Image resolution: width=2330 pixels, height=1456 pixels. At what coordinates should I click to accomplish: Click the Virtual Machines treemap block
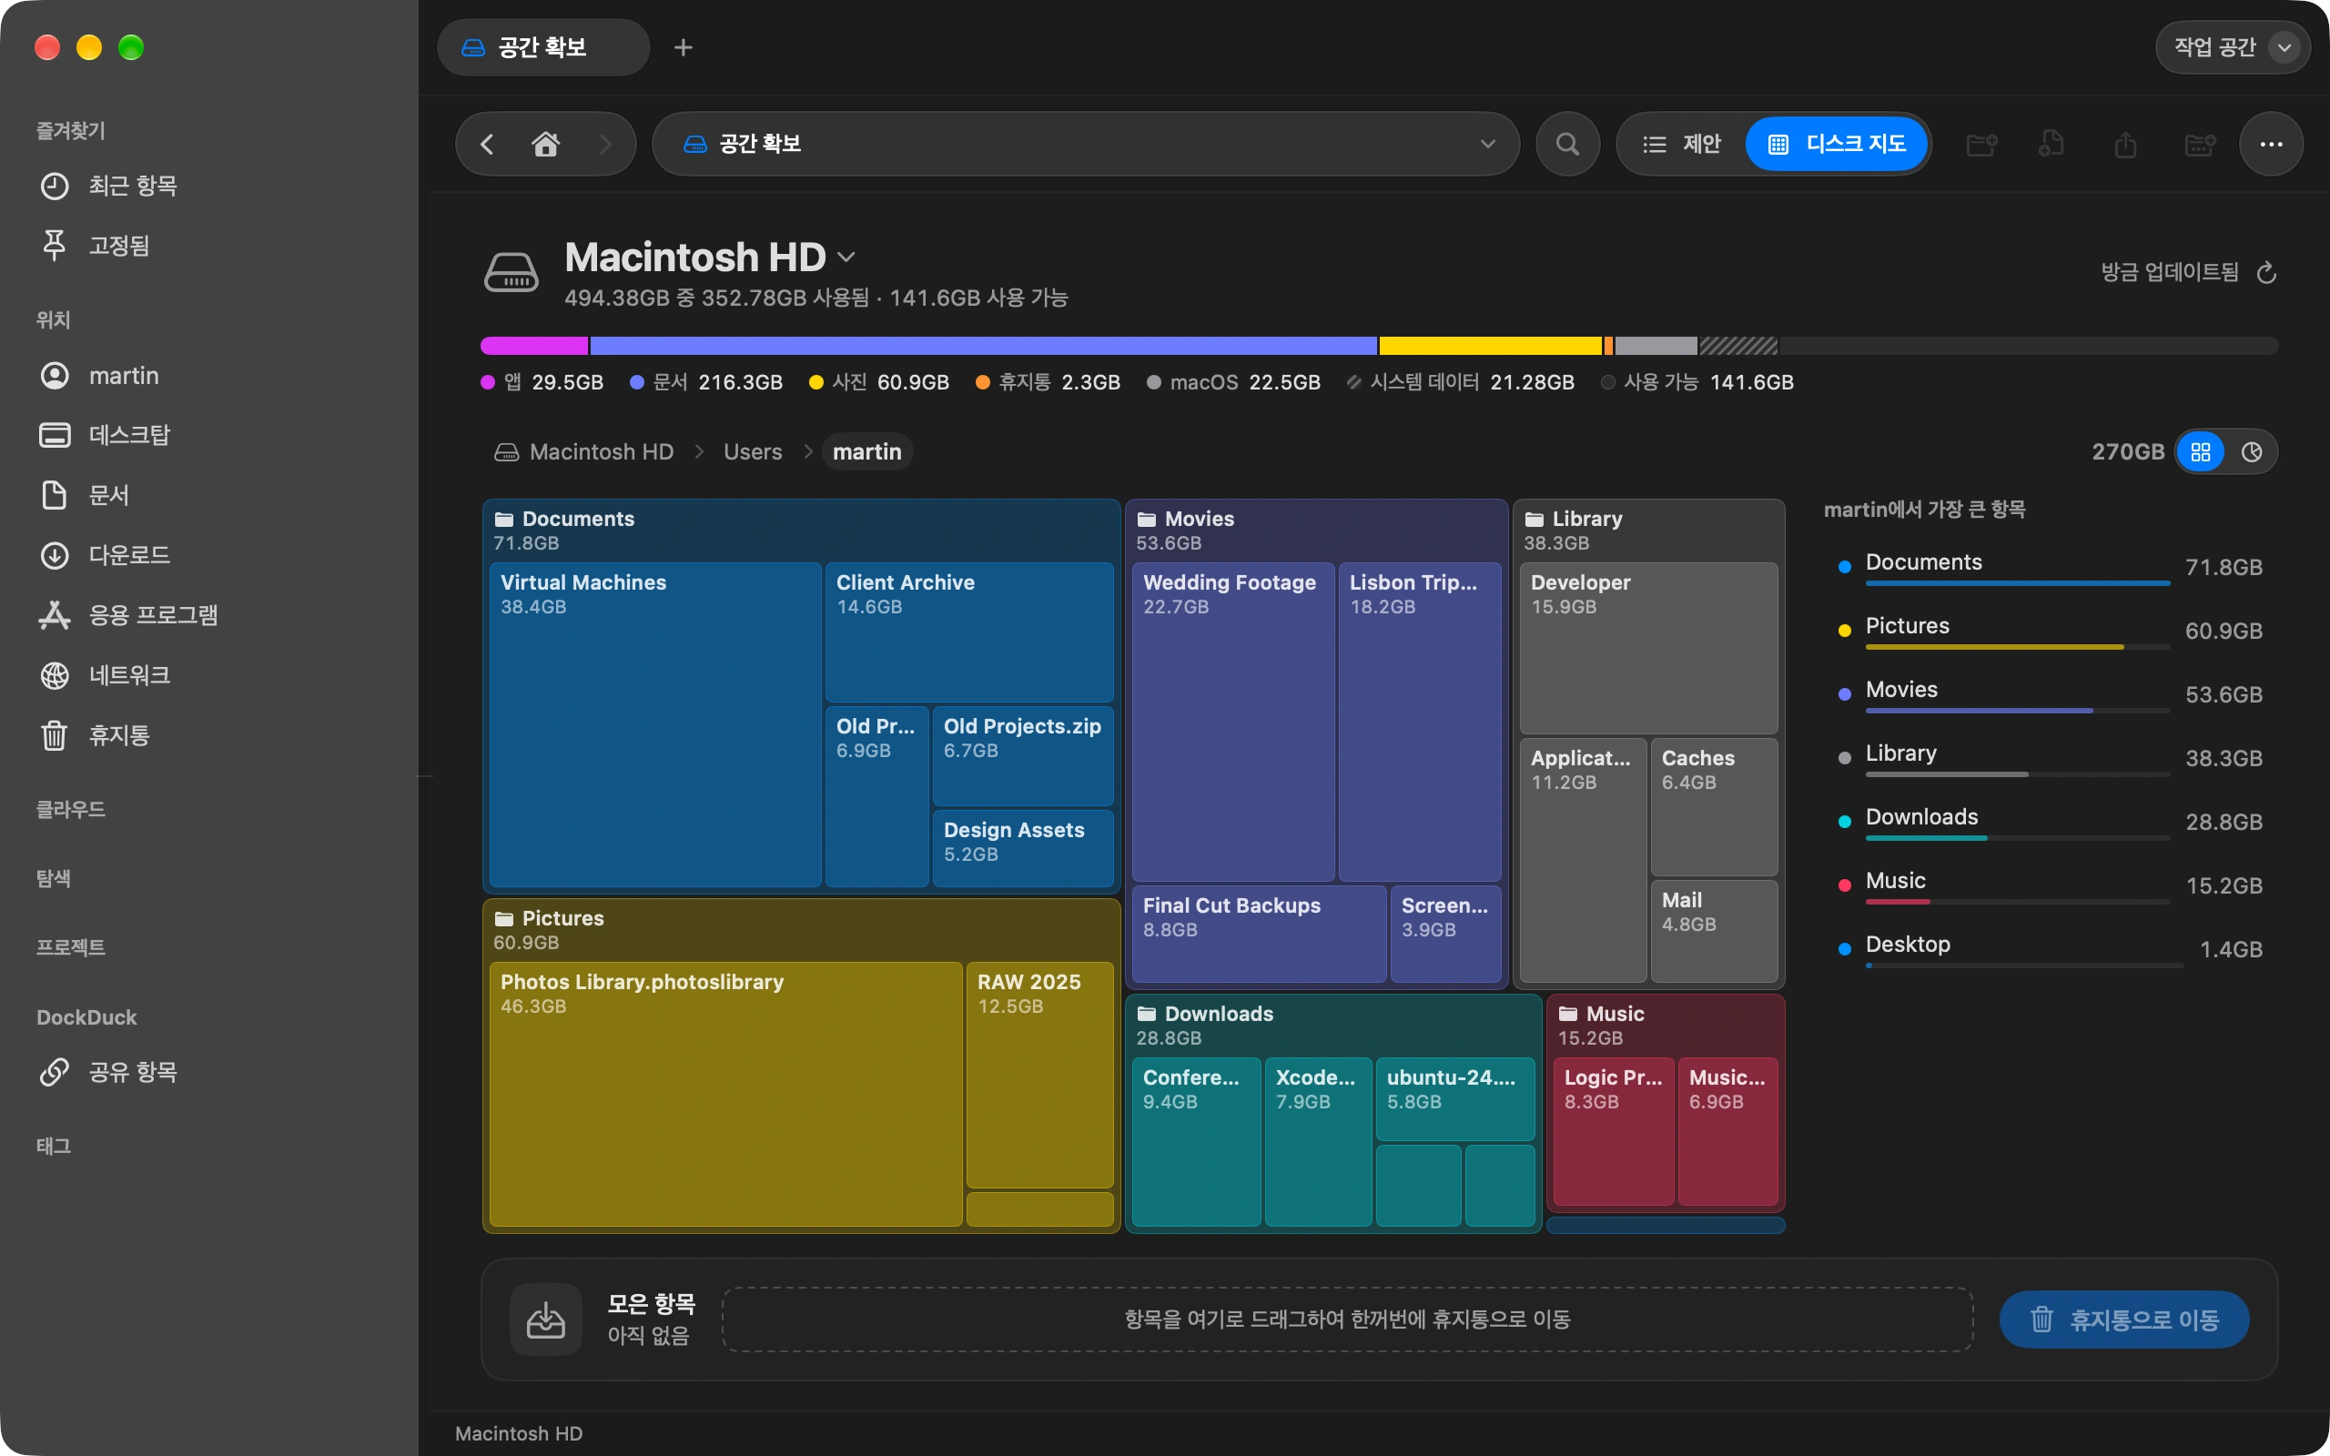654,724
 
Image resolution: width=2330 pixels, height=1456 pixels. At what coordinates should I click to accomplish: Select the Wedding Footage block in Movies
1232,722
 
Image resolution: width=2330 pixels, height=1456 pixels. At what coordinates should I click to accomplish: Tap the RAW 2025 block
1039,1075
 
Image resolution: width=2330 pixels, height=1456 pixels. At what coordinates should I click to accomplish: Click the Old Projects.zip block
1022,756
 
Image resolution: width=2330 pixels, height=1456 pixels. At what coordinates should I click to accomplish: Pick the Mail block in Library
1714,930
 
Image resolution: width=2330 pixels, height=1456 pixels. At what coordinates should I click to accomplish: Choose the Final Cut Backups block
1260,934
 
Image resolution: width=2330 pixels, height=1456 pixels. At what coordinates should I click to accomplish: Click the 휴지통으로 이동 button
2124,1319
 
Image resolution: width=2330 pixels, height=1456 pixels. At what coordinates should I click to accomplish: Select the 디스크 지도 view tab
1837,145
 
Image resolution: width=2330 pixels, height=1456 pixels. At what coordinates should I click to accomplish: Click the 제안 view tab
1682,145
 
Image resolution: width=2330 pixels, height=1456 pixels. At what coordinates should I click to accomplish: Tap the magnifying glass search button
1567,145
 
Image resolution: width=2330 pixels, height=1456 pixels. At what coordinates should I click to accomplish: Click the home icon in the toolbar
546,145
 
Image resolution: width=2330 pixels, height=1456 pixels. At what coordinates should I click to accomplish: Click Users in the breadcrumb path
753,451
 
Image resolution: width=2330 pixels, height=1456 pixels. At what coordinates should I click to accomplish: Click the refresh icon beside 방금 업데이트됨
2266,272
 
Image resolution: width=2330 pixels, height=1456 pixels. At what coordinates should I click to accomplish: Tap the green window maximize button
131,47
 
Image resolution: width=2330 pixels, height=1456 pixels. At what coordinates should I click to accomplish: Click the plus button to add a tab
683,47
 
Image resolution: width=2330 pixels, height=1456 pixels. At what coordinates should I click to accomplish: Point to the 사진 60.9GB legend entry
879,382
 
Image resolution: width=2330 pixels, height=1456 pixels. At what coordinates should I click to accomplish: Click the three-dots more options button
2271,145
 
